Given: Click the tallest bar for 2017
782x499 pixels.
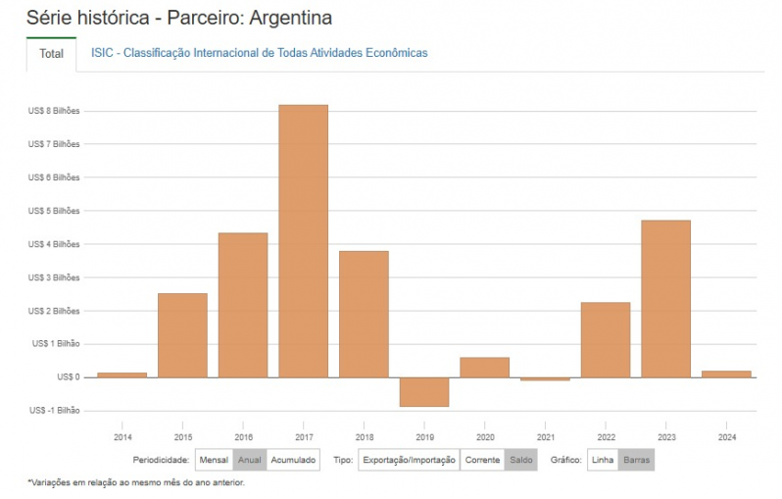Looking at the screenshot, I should [303, 240].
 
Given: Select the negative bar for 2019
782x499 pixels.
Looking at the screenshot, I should [423, 391].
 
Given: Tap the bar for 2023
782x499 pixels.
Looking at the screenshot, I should [665, 298].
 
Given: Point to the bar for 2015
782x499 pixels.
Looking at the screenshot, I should [182, 334].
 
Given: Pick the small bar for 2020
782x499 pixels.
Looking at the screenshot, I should [484, 367].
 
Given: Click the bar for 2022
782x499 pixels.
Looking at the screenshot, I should [605, 339].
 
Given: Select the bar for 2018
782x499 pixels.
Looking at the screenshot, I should [364, 314].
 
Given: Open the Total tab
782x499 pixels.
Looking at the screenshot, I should [51, 54].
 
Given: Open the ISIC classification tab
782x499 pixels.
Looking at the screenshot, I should [259, 53].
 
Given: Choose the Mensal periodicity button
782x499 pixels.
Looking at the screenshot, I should [214, 460].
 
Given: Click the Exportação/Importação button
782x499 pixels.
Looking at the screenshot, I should [409, 460].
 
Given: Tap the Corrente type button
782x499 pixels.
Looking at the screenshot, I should [482, 460].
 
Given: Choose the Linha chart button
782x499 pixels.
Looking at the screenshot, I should [603, 460].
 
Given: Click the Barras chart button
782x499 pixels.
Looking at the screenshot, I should [636, 460].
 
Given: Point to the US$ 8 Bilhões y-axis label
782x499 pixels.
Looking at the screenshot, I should [54, 111].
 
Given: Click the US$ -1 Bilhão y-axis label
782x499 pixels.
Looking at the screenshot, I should [55, 410].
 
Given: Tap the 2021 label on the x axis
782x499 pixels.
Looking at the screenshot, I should [545, 436].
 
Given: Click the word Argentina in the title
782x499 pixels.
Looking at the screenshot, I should [289, 19].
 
